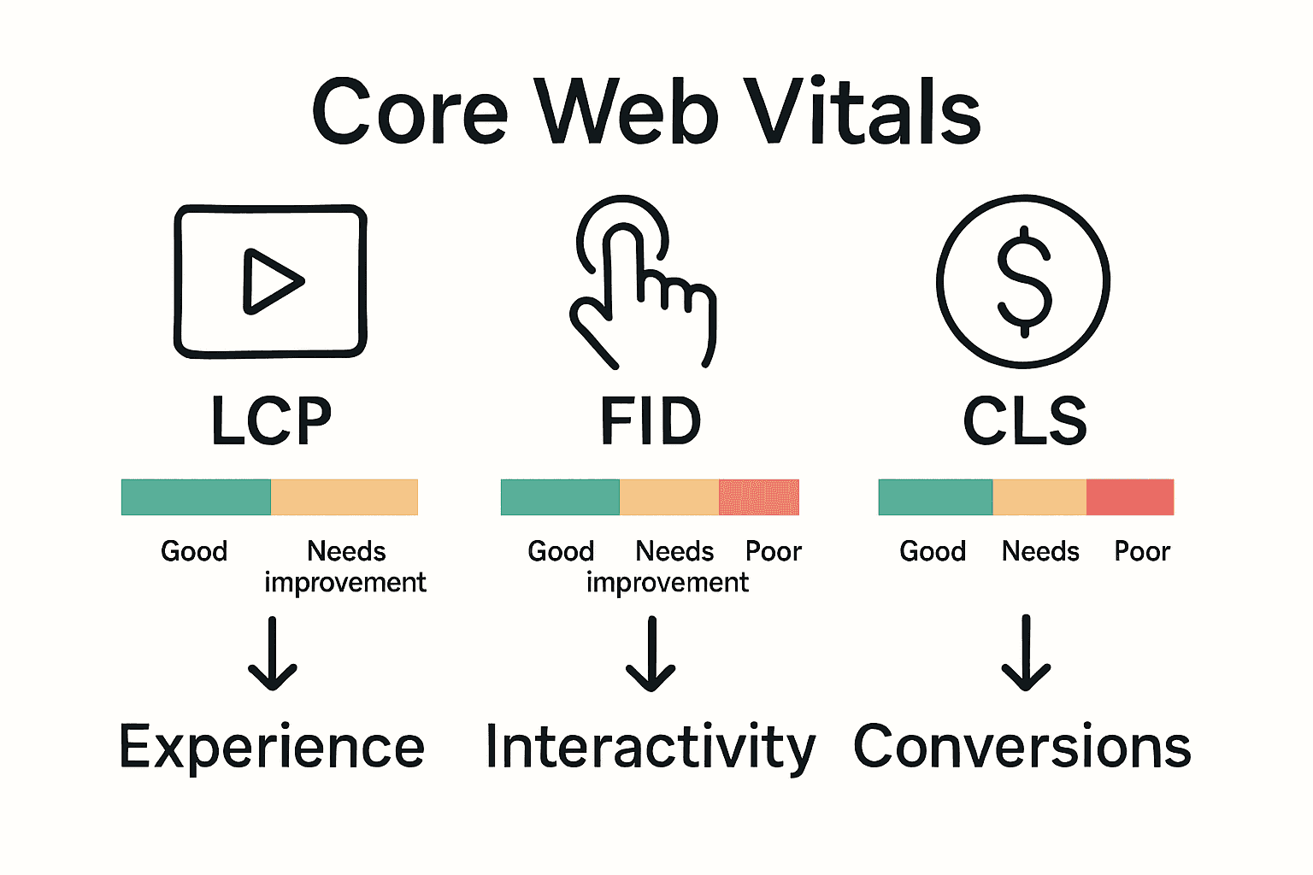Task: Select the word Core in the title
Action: point(410,112)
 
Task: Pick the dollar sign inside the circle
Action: point(1024,281)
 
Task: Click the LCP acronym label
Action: point(271,421)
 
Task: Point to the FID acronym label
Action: point(651,421)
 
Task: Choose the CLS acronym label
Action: point(1025,421)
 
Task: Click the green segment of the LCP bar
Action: point(196,497)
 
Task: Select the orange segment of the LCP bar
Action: point(344,497)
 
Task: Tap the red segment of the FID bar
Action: point(759,497)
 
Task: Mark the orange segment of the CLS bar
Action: point(1039,497)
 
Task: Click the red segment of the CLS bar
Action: point(1130,497)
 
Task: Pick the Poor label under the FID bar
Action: point(774,552)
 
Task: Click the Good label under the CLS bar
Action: point(933,552)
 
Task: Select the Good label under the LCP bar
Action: point(194,552)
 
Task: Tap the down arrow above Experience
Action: point(273,654)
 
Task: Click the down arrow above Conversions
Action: point(1026,654)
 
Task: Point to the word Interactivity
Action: point(651,748)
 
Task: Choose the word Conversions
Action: point(1022,746)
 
